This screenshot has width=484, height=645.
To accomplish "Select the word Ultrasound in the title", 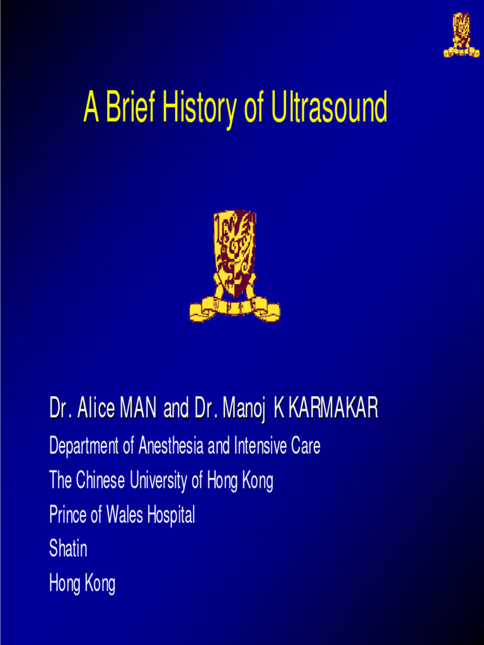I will click(329, 108).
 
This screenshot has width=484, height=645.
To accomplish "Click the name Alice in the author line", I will click(96, 410).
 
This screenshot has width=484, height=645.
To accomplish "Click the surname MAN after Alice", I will click(138, 410).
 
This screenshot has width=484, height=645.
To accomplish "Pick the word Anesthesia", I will click(171, 447).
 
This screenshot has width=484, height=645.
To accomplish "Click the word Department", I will click(84, 447).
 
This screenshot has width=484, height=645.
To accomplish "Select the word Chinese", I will click(101, 481).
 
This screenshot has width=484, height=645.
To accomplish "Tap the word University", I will click(159, 481).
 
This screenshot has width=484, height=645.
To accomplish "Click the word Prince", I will click(67, 516).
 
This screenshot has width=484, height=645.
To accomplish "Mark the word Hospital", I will click(171, 516).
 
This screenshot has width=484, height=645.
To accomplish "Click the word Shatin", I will click(68, 549).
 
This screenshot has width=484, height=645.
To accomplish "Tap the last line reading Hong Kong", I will click(82, 584).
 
